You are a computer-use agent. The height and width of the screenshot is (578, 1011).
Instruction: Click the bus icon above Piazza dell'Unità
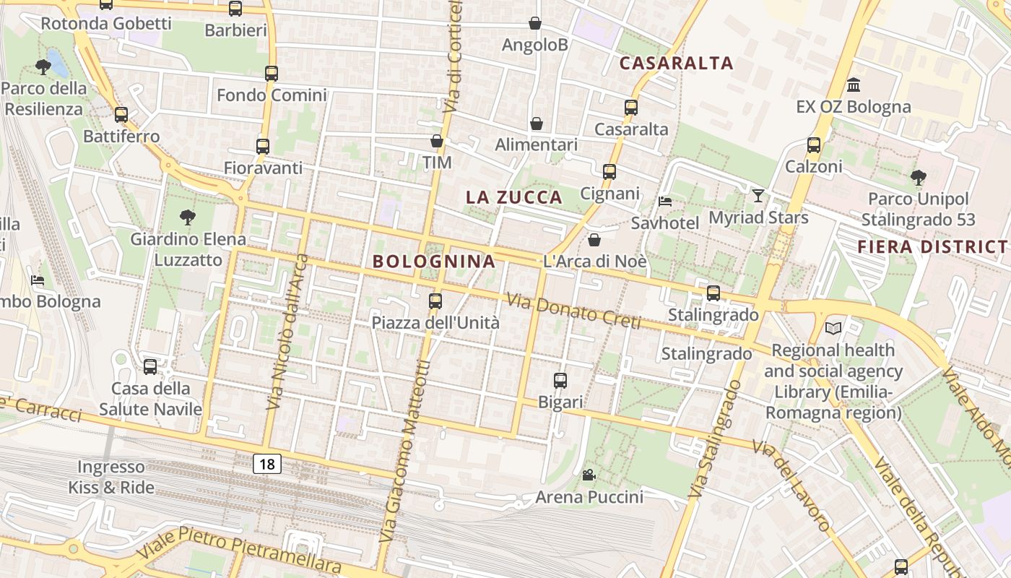coord(435,301)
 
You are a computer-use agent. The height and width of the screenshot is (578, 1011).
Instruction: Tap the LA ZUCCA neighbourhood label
coord(514,197)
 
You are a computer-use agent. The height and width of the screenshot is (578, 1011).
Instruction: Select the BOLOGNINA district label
coord(434,262)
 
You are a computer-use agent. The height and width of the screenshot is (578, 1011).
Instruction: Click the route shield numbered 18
coord(267,464)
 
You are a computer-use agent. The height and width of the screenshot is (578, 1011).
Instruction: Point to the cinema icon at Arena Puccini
coord(589,475)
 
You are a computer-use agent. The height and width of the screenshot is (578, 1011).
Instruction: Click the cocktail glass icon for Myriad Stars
coord(758,195)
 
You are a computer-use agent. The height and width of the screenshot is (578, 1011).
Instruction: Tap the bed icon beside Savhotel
coord(665,201)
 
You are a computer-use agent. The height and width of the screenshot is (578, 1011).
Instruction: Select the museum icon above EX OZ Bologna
coord(854,85)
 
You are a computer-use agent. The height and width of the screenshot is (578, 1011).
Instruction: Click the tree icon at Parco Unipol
coord(919,176)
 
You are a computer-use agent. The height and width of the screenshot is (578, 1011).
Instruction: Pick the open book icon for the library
coord(833,328)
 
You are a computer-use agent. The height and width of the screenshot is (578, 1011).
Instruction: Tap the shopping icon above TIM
coord(437,140)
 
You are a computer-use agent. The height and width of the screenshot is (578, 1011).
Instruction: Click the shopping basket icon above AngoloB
coord(535,23)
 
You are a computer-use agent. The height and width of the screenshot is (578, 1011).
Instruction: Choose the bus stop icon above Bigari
coord(560,380)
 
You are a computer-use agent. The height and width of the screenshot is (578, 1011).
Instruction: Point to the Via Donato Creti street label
coord(573,311)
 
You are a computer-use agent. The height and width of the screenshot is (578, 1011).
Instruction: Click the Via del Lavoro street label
coord(792,485)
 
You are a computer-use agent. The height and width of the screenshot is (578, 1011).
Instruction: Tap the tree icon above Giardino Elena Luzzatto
coord(188,217)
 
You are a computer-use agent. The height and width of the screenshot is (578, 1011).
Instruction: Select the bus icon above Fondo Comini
coord(272,73)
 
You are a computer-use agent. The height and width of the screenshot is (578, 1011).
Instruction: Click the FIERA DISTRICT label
coord(932,247)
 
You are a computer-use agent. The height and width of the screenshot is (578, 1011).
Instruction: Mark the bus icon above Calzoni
coord(814,144)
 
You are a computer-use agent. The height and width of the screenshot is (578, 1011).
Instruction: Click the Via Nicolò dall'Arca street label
coord(287,332)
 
